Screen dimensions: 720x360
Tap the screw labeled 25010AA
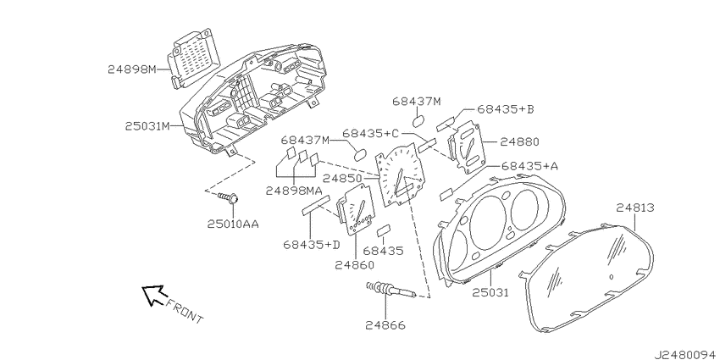228,198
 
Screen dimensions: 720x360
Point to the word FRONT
184,311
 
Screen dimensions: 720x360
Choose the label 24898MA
294,191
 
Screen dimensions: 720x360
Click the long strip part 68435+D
315,204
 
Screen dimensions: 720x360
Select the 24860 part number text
354,265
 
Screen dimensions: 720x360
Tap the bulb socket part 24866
390,290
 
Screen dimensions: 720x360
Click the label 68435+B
506,109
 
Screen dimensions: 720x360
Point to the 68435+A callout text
530,166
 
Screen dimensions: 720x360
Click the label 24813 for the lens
635,208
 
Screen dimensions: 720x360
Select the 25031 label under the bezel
491,292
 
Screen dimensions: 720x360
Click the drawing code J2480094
686,354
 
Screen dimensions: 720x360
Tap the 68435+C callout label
371,133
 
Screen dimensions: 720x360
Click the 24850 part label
341,178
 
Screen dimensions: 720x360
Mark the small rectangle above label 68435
384,230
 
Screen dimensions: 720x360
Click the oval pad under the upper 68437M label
418,121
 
